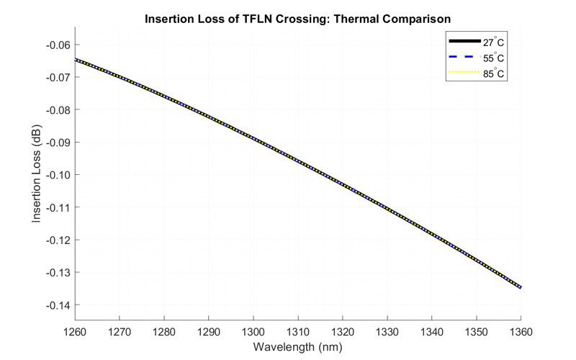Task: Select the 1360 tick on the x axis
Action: [x=521, y=333]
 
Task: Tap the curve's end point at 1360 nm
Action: [x=521, y=287]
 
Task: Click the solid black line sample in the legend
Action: [x=464, y=42]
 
